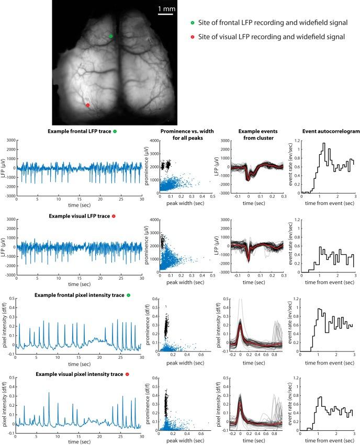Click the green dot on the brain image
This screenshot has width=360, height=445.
click(110, 36)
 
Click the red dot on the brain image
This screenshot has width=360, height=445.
click(87, 105)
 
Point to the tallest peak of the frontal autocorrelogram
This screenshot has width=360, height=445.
click(324, 143)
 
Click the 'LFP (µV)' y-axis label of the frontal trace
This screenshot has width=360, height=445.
click(5, 168)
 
